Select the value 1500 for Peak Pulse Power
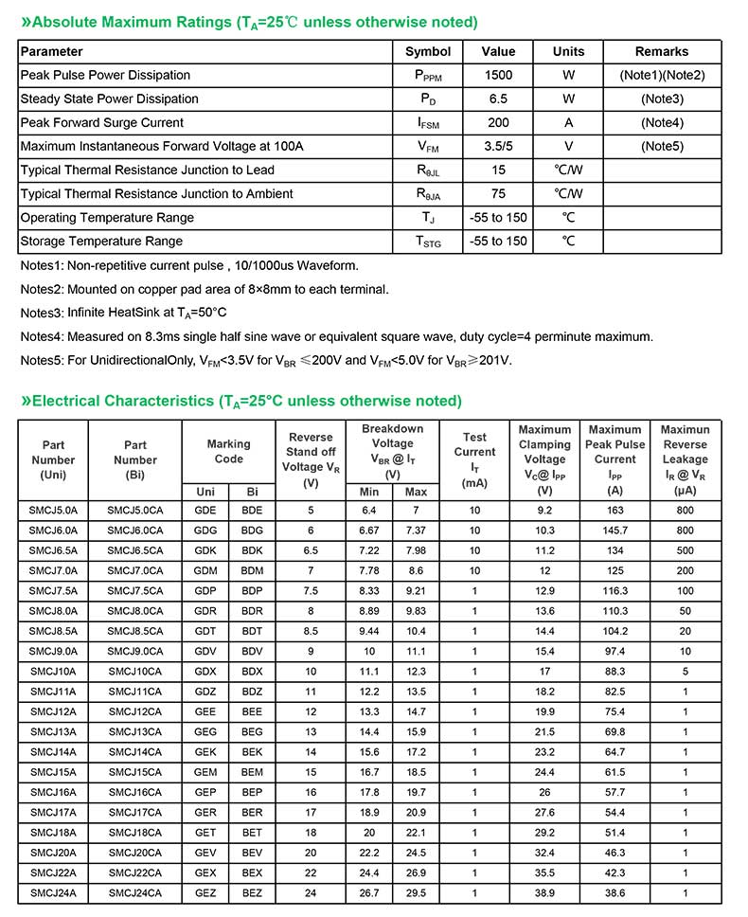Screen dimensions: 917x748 (498, 75)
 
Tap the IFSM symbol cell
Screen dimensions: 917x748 (428, 123)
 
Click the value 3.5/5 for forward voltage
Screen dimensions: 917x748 (498, 146)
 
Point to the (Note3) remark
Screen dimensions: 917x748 (662, 99)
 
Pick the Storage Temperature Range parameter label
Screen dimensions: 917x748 (101, 242)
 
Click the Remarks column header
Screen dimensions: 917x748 (662, 51)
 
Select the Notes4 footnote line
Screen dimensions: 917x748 (336, 336)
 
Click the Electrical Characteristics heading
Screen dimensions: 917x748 (240, 401)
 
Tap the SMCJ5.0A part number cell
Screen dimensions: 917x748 (53, 511)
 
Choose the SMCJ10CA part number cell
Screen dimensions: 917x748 (134, 671)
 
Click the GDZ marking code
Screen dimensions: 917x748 (205, 692)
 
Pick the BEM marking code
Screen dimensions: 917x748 (252, 772)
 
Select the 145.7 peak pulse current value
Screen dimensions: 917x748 (614, 530)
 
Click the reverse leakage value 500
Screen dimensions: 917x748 (685, 550)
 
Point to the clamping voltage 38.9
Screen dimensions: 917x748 (544, 892)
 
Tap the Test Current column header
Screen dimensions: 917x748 (474, 459)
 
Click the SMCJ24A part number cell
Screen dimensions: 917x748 (53, 892)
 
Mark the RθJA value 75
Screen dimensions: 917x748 (498, 194)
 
